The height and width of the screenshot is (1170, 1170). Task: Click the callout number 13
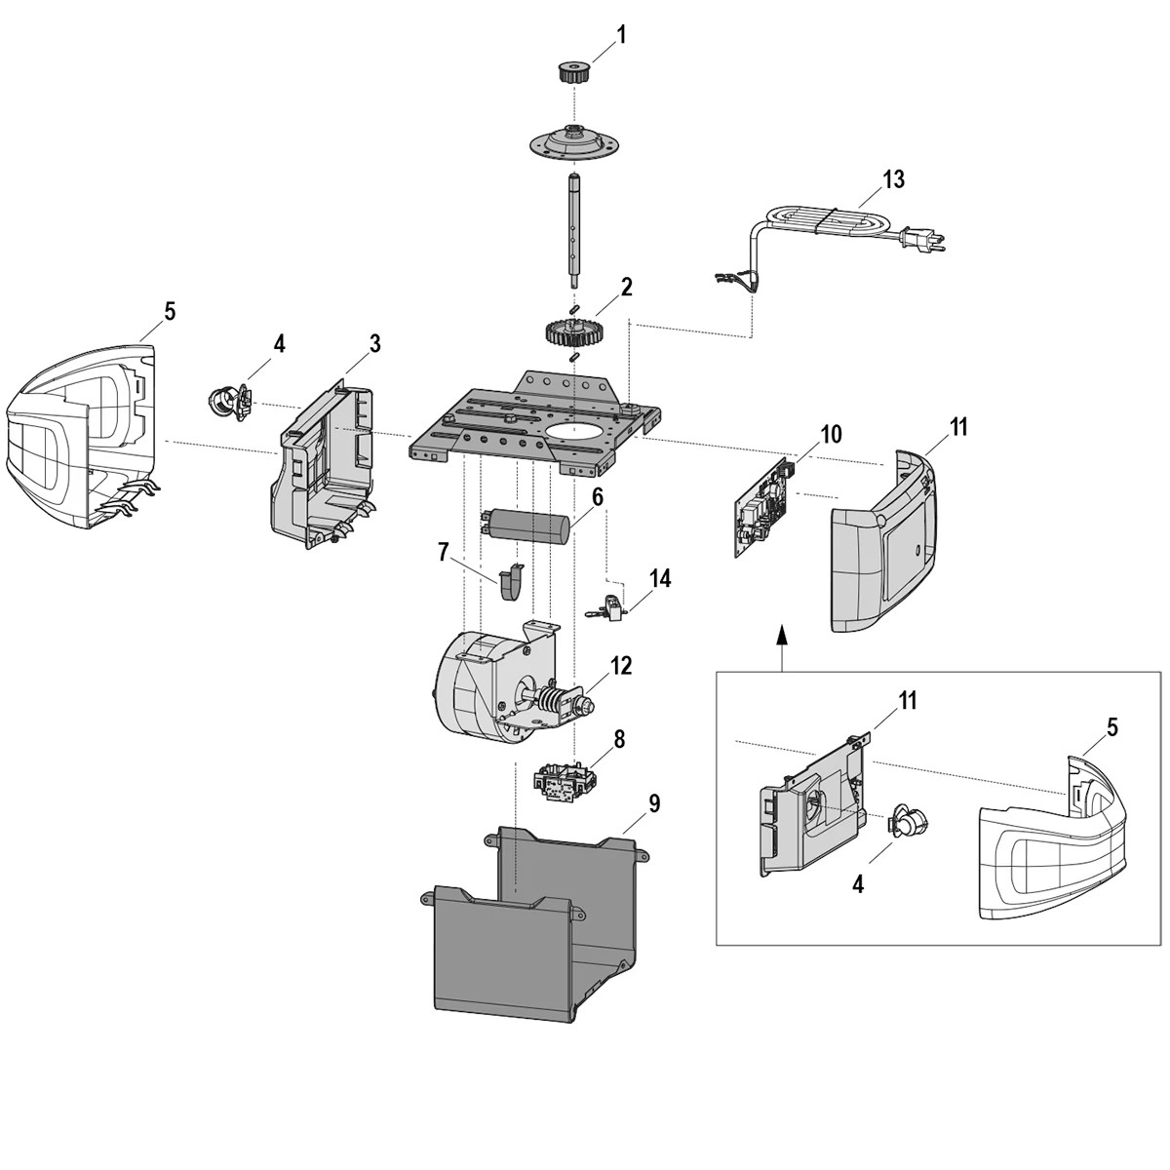point(893,179)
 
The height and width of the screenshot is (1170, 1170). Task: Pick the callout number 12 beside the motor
point(621,666)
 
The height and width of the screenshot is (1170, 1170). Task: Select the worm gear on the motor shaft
point(553,701)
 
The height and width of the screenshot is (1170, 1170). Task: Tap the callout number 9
point(653,803)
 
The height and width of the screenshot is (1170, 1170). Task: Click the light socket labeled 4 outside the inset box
point(230,401)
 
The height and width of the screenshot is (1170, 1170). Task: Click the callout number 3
point(374,343)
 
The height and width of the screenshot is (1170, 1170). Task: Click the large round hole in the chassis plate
point(575,430)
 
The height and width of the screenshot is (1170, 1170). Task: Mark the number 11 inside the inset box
point(908,700)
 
